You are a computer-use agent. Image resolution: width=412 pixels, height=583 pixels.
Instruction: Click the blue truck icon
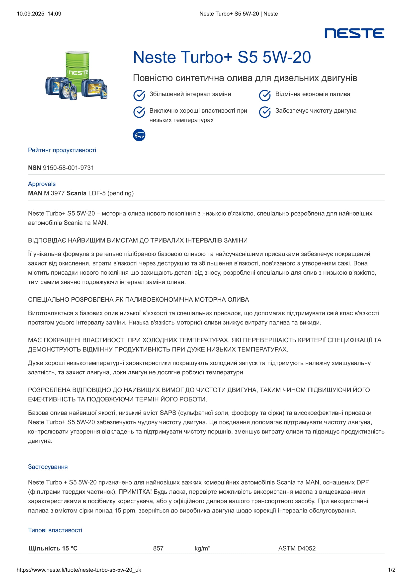139,135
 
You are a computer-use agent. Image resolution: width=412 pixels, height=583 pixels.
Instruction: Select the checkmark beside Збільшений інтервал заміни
139,95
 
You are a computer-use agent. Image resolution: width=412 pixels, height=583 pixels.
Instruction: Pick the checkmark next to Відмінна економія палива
265,95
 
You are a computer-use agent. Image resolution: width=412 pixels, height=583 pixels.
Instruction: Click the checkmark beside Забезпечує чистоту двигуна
265,112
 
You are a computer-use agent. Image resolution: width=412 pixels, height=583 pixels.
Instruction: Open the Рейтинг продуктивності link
62,150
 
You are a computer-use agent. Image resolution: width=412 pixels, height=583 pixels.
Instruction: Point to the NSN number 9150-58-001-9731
68,167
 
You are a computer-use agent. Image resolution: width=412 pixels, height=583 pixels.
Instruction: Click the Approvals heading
42,184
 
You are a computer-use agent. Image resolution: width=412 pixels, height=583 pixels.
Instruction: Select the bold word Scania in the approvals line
77,193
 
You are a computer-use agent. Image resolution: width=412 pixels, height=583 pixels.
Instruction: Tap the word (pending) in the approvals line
121,193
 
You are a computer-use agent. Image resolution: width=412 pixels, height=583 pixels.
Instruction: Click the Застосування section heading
48,467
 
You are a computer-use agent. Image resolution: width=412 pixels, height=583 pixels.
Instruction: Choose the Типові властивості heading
55,530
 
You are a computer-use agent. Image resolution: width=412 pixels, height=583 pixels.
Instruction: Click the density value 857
158,548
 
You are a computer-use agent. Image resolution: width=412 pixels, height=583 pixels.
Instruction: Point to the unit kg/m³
202,548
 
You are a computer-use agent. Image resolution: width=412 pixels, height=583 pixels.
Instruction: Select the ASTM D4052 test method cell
297,548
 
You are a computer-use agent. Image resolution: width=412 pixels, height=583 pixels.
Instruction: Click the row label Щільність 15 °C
53,548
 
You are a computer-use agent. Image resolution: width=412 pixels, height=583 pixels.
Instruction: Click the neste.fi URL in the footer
79,570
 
